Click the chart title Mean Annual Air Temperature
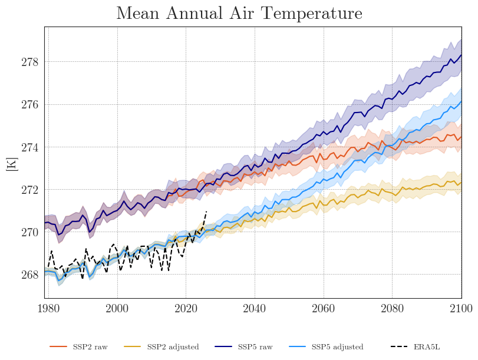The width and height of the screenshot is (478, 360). click(x=239, y=14)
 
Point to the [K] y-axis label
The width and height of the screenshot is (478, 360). click(x=11, y=164)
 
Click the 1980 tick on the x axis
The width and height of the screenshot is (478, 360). click(x=48, y=308)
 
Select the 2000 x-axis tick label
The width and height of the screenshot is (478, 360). click(x=117, y=308)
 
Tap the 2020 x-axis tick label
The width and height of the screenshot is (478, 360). click(x=186, y=308)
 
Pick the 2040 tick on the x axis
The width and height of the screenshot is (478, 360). click(x=255, y=308)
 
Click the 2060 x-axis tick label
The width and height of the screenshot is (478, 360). click(x=323, y=308)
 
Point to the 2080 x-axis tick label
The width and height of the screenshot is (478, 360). click(x=392, y=308)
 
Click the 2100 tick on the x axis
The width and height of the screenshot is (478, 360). click(x=460, y=308)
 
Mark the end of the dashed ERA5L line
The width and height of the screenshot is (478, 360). click(x=206, y=211)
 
